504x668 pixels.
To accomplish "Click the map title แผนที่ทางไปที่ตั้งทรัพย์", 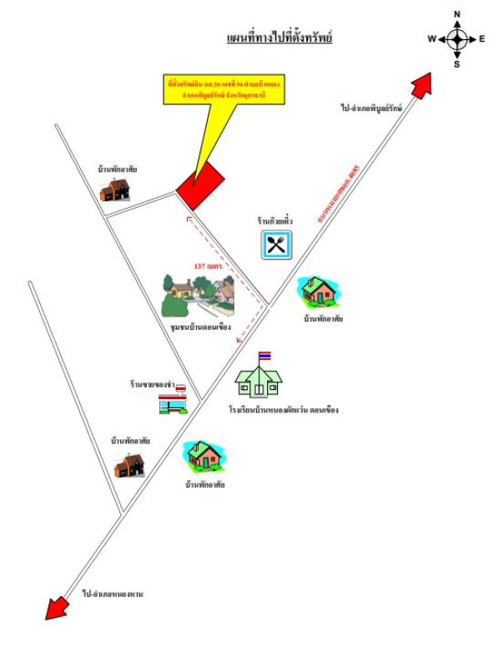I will (x=280, y=38).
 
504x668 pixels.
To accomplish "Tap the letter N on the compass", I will (x=457, y=14).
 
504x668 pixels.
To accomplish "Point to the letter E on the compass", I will (x=482, y=39).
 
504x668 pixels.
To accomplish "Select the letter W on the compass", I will (x=431, y=39).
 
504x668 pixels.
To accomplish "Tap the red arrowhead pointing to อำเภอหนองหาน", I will (x=55, y=607).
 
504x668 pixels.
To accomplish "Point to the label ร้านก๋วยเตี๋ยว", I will (x=275, y=221).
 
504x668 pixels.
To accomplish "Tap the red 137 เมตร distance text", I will (x=208, y=266).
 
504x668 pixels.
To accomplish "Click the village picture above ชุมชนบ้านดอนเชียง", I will (x=198, y=295).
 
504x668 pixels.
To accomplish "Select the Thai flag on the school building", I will (x=265, y=357).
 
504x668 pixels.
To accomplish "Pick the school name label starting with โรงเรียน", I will (x=283, y=410).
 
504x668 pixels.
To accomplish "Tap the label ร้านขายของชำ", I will (x=156, y=383).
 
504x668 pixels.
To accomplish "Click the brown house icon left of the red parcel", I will (x=115, y=190).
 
